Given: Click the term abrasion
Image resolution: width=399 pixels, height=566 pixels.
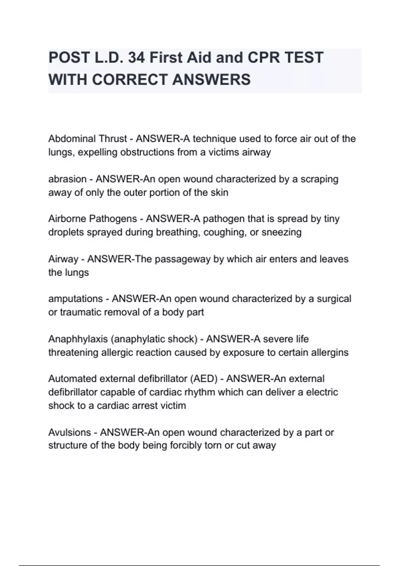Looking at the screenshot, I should coord(67,179).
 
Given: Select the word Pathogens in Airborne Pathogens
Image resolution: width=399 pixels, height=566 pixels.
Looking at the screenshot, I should coord(113,219).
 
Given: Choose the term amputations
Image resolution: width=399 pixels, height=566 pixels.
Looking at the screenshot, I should coord(75,299).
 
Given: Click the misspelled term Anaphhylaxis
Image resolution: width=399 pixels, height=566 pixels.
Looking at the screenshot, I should coord(78,339).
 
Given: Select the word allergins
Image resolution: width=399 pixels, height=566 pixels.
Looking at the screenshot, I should coord(330,352).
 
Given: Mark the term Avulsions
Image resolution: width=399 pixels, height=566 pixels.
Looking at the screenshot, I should coord(69,432).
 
